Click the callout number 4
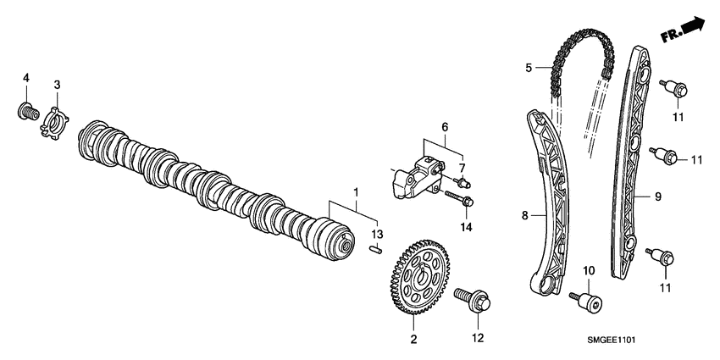(26, 78)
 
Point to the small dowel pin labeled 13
(378, 249)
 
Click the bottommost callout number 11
(666, 288)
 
